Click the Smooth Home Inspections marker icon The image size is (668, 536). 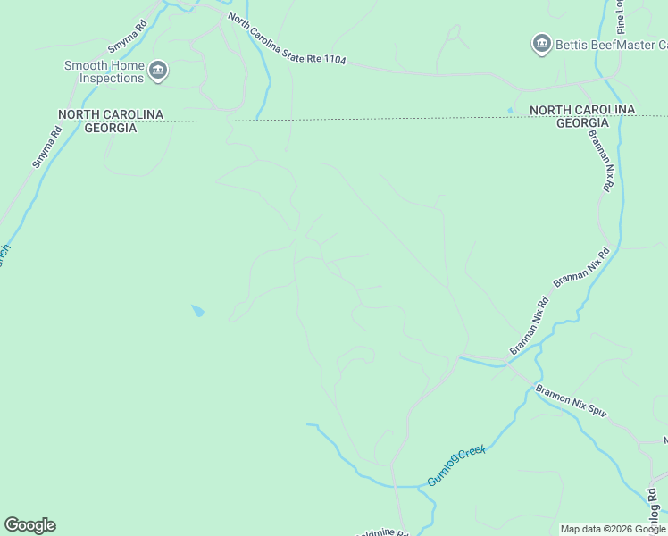click(x=158, y=71)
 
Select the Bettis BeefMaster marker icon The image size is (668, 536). click(x=540, y=43)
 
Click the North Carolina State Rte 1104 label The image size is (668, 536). click(x=286, y=39)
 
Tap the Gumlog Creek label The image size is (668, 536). click(x=455, y=465)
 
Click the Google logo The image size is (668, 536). click(x=29, y=525)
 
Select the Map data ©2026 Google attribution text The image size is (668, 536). click(x=613, y=529)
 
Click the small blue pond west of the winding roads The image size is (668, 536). click(x=197, y=311)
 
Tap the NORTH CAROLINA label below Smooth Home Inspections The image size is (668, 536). click(x=111, y=114)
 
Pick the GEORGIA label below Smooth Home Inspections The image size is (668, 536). click(x=111, y=128)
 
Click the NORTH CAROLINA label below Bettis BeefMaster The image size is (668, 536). click(x=582, y=109)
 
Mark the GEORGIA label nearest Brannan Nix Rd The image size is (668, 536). click(x=582, y=122)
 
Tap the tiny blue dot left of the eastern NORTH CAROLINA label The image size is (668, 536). click(x=510, y=111)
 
